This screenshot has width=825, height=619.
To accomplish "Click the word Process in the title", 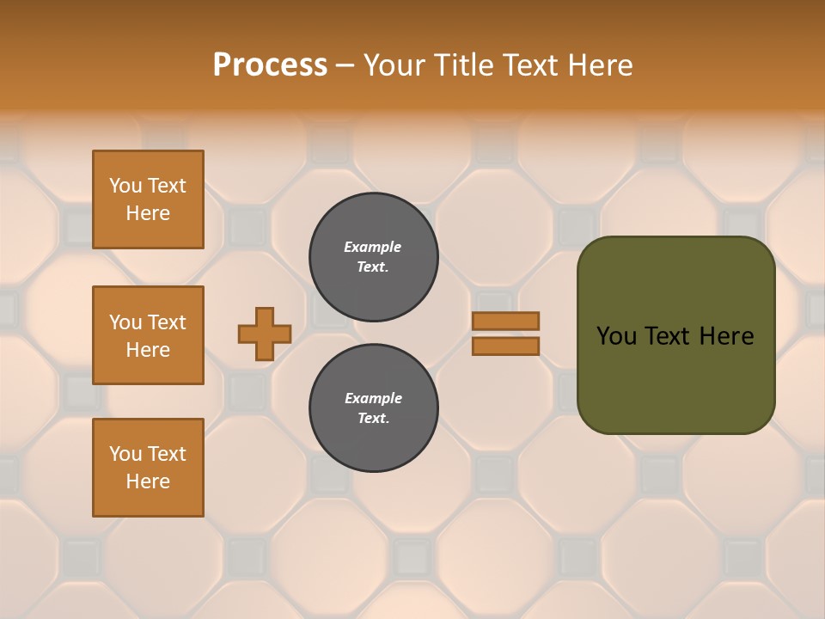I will point(270,65).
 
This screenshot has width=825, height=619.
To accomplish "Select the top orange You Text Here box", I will point(148,199).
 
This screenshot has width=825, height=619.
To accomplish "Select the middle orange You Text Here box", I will point(148,335).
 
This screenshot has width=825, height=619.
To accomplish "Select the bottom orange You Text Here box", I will point(148,468).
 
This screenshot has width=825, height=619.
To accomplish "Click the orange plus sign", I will point(265,334).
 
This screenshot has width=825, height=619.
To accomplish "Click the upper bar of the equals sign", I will point(506,321).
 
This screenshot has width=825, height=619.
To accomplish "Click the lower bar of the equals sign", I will point(506,346).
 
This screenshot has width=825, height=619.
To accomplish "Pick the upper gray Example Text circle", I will point(374,257).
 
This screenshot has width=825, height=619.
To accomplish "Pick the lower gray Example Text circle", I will point(374,408).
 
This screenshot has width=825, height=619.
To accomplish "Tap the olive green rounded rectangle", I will point(675,378).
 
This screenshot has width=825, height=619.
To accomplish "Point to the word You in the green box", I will point(616,336).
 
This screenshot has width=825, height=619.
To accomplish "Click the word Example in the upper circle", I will point(373,247).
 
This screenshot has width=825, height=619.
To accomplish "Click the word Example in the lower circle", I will point(373,398).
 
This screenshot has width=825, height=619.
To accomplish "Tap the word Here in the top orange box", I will point(148,213).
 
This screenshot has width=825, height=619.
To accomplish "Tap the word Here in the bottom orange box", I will point(148,481).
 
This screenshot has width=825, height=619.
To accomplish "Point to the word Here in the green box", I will point(726,336).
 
